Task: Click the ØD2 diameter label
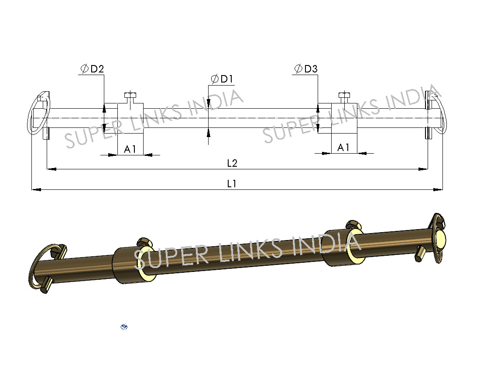tap(92, 69)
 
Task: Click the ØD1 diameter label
tap(222, 79)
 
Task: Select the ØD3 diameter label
tap(306, 69)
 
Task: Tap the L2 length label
tap(232, 163)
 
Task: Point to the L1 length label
tap(232, 184)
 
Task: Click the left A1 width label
tap(130, 149)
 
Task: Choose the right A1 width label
tap(343, 148)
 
